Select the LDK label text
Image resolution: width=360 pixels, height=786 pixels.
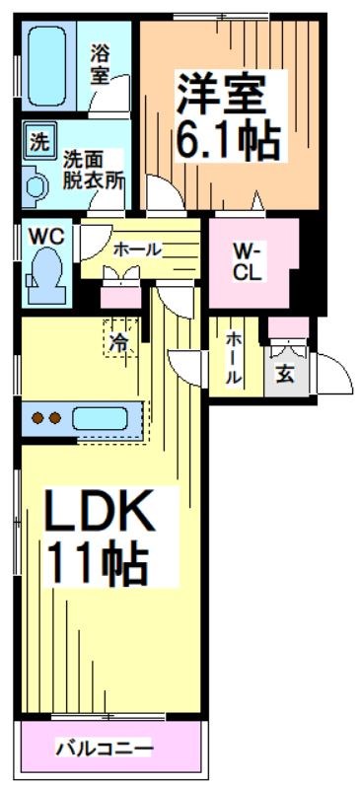(98, 514)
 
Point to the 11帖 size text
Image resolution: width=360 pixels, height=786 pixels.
(98, 564)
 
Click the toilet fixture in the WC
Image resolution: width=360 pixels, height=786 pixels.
(45, 271)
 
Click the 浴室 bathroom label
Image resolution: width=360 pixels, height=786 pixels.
(102, 65)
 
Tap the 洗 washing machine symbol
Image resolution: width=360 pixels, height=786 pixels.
(37, 140)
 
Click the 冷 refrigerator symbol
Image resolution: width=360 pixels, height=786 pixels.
(117, 342)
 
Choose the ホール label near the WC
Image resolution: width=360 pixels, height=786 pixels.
(137, 250)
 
